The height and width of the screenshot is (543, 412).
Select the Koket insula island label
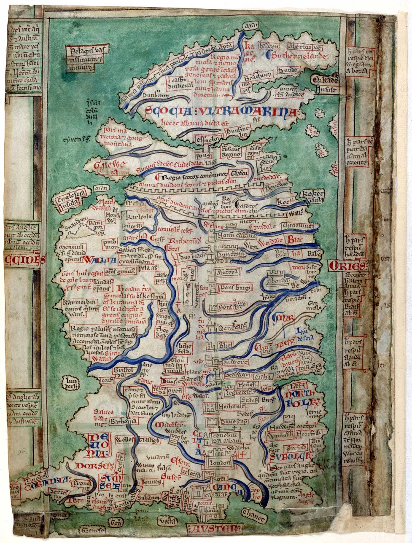[x=310, y=196]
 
